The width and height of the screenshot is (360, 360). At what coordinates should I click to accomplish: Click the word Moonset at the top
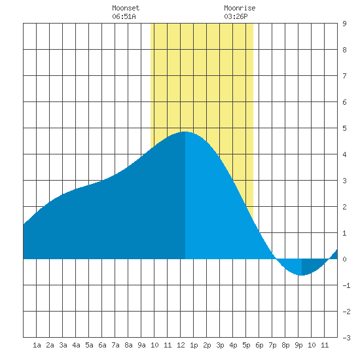(x=126, y=8)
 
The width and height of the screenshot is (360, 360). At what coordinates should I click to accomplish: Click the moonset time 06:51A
(x=124, y=16)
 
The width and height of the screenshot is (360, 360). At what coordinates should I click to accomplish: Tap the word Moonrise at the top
(x=240, y=8)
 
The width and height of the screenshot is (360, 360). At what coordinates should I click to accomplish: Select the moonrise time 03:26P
(x=236, y=16)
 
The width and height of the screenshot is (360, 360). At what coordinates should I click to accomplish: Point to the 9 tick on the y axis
(x=344, y=24)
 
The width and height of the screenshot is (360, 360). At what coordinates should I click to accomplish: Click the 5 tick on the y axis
(x=344, y=128)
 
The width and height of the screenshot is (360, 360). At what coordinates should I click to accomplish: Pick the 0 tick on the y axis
(x=344, y=259)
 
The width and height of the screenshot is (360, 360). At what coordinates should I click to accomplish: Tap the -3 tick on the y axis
(x=346, y=338)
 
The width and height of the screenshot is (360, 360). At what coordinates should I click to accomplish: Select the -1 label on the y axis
(x=346, y=285)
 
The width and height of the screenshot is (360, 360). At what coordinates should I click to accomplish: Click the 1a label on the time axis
(x=37, y=345)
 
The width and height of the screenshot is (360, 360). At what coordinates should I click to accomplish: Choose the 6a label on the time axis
(x=102, y=345)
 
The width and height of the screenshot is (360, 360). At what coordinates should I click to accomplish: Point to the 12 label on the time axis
(x=181, y=345)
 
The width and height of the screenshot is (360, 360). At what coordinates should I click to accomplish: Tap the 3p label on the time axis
(x=220, y=345)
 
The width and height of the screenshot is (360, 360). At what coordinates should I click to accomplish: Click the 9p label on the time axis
(x=298, y=345)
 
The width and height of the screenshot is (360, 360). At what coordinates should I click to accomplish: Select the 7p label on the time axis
(x=272, y=345)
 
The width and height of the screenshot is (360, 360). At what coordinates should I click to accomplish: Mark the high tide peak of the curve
(x=185, y=132)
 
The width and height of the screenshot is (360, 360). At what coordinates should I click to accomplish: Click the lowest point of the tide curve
(x=302, y=275)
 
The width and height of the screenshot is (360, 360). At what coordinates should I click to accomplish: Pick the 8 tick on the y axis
(x=344, y=50)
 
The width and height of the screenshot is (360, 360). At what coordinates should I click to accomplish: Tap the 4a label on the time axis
(x=76, y=345)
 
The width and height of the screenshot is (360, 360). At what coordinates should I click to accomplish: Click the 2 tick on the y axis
(x=344, y=207)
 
